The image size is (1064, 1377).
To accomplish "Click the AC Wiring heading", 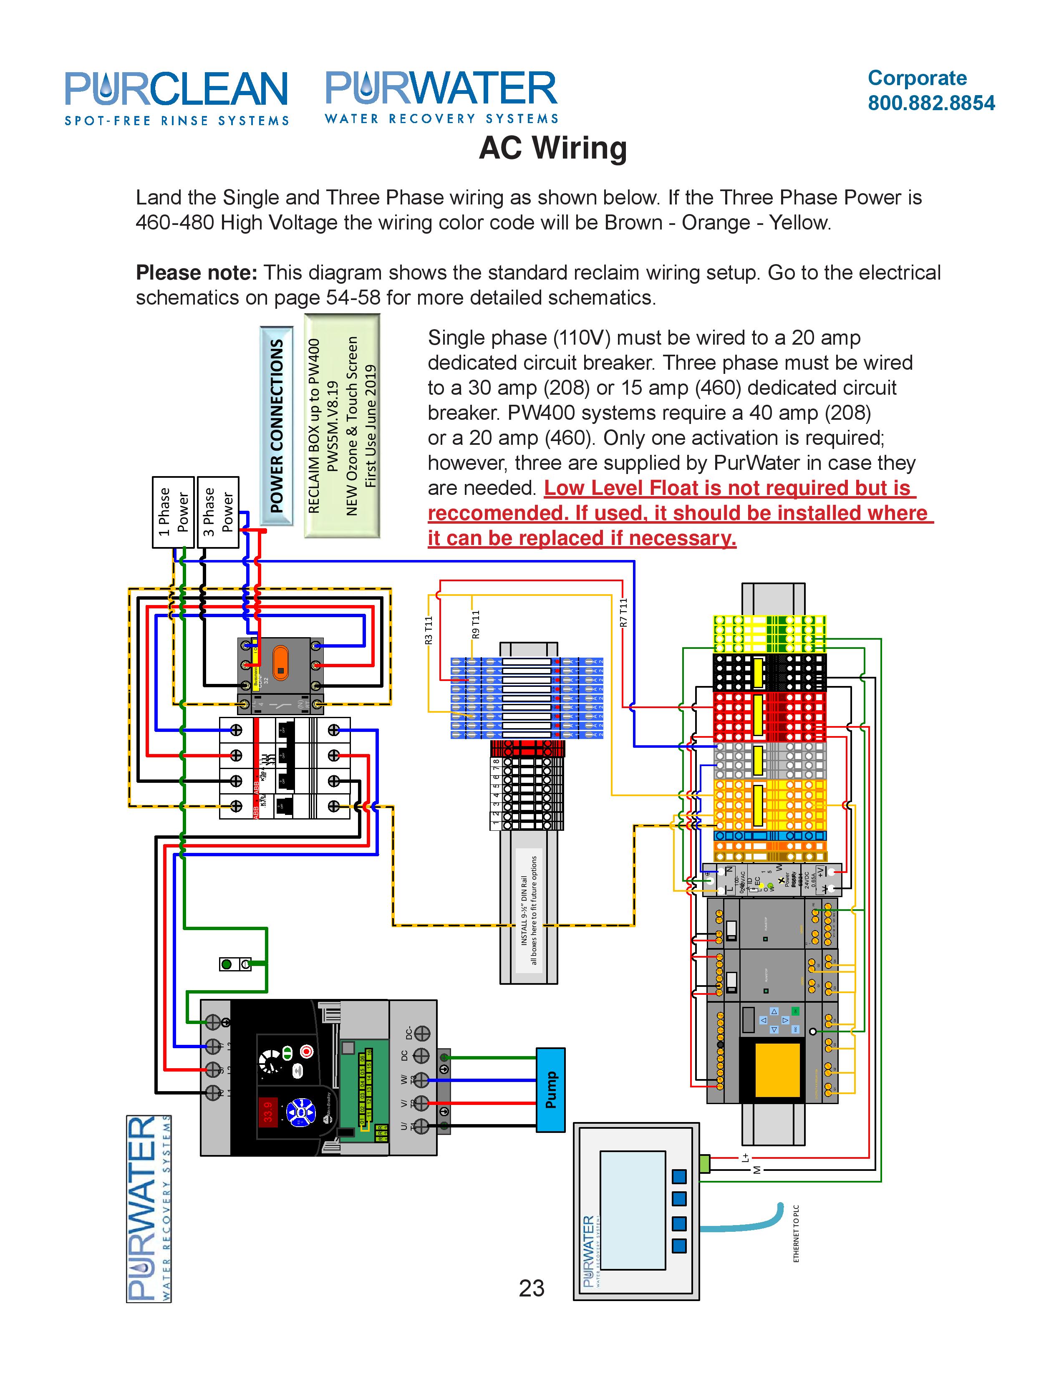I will pyautogui.click(x=553, y=148).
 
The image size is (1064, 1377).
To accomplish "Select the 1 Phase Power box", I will pyautogui.click(x=173, y=512).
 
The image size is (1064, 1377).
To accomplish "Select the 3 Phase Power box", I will pyautogui.click(x=218, y=512).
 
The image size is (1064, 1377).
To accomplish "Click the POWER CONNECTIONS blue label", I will pyautogui.click(x=277, y=426).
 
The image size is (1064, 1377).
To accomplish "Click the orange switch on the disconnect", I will pyautogui.click(x=280, y=664).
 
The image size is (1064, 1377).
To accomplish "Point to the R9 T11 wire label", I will pyautogui.click(x=476, y=624).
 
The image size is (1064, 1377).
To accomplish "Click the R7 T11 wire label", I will pyautogui.click(x=623, y=612).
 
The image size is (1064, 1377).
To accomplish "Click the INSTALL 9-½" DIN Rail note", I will pyautogui.click(x=529, y=910).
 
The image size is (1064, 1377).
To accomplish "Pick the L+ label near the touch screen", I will pyautogui.click(x=746, y=1158).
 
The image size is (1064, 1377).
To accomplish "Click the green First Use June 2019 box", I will pyautogui.click(x=342, y=426).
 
